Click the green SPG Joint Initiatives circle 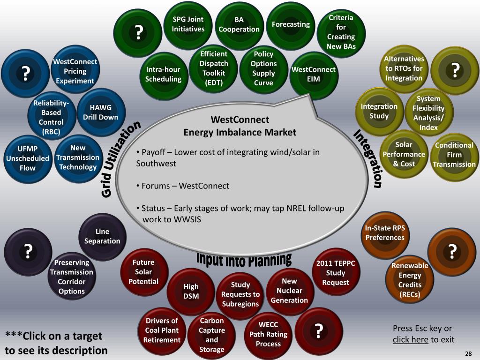coord(188,24)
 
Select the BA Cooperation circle coord(239,24)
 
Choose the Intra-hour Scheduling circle coord(163,74)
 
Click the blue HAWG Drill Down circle coord(100,112)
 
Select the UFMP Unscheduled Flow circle coord(27,158)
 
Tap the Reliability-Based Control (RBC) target coord(51,117)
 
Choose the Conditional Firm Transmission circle coord(454,155)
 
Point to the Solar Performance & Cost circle coord(404,154)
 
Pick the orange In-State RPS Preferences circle coord(385,233)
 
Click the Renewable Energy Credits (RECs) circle coord(410,280)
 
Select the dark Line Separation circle coord(102,236)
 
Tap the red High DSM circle coord(191,291)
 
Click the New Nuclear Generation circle coord(289,290)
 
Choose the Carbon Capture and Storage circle coord(212,335)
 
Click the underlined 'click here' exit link coord(410,339)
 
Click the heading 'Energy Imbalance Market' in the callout coord(240,132)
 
